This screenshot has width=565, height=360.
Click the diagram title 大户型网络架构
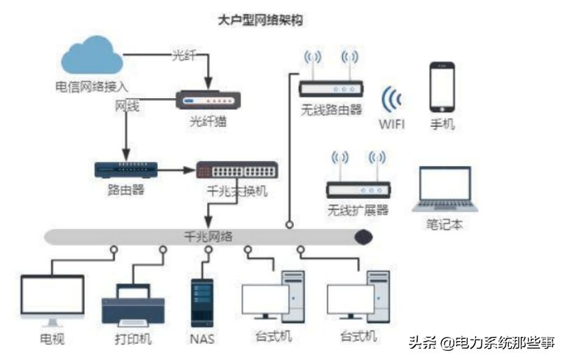tap(260, 19)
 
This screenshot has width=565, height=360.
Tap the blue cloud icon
tap(92, 57)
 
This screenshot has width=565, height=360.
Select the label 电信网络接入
tap(92, 87)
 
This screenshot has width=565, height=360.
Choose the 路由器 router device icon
tap(126, 169)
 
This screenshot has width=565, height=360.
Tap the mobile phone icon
tap(442, 86)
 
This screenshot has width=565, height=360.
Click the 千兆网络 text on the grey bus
tap(207, 236)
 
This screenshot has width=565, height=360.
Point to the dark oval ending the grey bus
tap(363, 237)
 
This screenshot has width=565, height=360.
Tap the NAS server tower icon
tap(202, 303)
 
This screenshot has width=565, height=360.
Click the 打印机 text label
tap(133, 340)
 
